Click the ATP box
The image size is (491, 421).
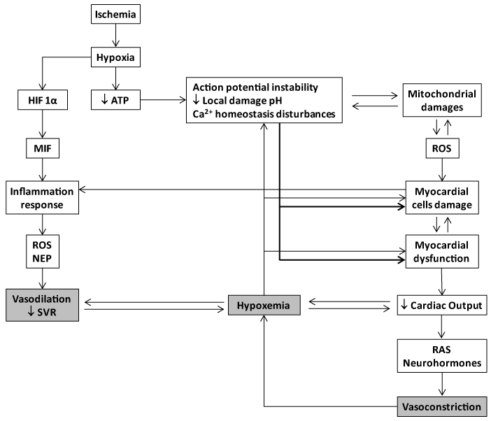point(114,101)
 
